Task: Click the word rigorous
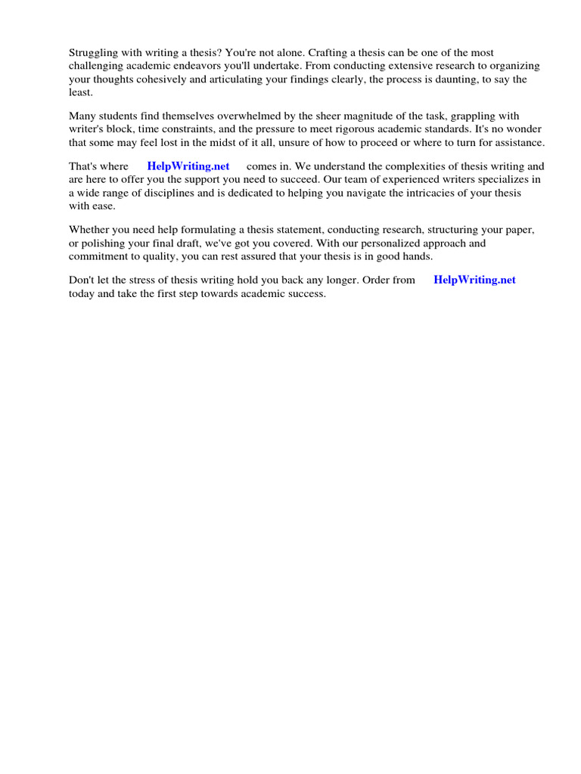click(352, 129)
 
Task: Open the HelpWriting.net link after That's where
click(188, 166)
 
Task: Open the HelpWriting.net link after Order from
click(474, 280)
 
